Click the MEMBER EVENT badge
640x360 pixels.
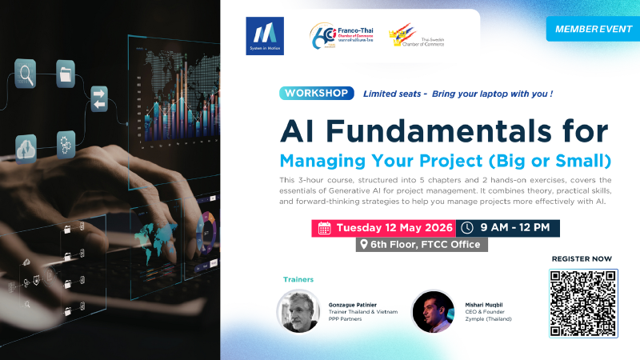[x=592, y=28]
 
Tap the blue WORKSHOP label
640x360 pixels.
[x=317, y=93]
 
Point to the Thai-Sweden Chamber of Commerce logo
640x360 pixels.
[x=416, y=36]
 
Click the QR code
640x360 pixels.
[x=583, y=303]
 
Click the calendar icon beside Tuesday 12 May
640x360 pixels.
[x=325, y=228]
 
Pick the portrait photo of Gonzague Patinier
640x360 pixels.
[x=298, y=311]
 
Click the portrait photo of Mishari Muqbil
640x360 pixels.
[x=434, y=311]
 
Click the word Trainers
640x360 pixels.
[x=298, y=279]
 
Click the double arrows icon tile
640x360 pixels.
[x=99, y=99]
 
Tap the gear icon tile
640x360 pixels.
[x=66, y=145]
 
